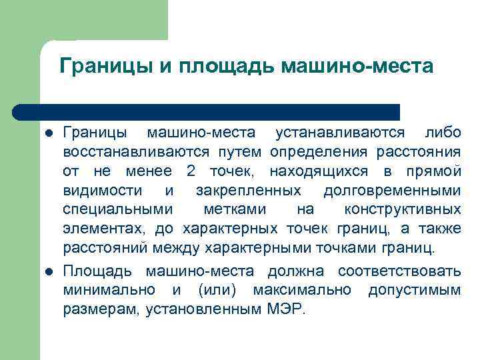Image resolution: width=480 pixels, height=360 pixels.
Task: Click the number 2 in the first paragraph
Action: point(191,171)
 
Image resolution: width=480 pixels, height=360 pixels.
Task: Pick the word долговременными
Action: point(392,191)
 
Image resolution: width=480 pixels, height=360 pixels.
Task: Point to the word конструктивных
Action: point(402,209)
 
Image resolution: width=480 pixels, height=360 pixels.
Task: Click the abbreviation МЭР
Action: point(285,309)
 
